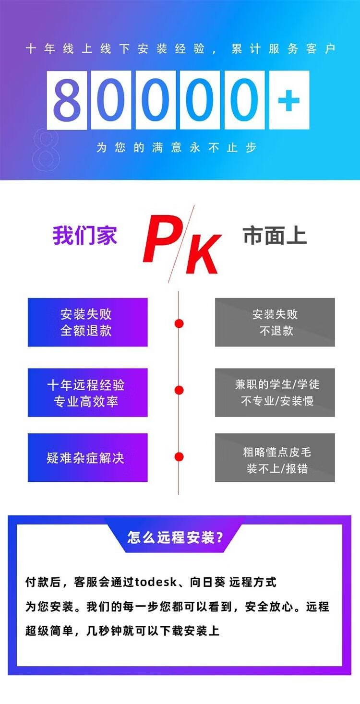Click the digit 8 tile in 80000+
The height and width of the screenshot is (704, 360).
[67, 100]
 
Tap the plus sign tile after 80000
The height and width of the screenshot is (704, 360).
[289, 100]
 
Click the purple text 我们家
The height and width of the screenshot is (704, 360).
[85, 236]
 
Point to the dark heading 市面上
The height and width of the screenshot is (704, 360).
[275, 236]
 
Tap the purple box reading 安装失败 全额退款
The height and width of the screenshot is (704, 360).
[87, 322]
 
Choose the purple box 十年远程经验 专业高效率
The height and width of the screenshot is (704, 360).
[87, 393]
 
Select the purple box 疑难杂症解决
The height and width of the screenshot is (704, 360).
[87, 458]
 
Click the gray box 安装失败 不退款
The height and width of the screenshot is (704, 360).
[275, 322]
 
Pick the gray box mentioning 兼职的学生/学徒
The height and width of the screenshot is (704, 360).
[275, 393]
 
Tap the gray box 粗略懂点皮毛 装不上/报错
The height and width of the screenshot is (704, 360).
[275, 458]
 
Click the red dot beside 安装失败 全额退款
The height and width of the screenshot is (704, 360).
[179, 323]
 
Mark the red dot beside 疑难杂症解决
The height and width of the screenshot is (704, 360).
[179, 456]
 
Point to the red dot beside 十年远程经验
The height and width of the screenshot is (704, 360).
[179, 390]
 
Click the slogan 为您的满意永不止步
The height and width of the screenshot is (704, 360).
[177, 147]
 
